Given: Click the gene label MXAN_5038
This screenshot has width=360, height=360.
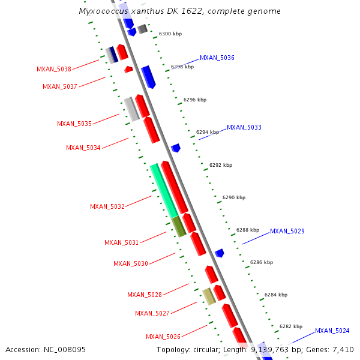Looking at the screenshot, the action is click(x=54, y=69).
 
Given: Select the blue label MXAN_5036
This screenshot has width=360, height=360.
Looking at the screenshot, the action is click(x=217, y=58).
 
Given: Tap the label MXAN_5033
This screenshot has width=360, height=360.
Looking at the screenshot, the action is click(x=244, y=127).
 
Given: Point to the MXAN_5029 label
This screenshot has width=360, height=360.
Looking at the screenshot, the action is click(x=287, y=231).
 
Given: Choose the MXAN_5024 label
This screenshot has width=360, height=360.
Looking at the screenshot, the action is click(x=332, y=331).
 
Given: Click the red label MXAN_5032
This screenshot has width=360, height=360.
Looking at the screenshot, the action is click(x=107, y=206).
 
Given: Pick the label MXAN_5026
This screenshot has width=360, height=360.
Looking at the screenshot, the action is click(x=163, y=337).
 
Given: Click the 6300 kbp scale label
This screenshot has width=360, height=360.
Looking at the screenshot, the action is click(x=170, y=34).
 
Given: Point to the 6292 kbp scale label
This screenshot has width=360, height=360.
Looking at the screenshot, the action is click(x=220, y=165).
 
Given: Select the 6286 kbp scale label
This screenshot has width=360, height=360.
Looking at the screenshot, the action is click(x=261, y=262).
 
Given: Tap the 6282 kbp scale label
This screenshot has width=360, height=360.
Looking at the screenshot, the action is click(x=290, y=327).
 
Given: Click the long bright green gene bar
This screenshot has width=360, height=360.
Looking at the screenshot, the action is click(x=164, y=190).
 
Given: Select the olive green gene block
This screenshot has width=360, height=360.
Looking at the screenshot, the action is click(x=179, y=226).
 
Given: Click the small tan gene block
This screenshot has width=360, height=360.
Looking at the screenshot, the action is click(x=208, y=296).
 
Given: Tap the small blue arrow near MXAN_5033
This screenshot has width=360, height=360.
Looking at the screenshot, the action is click(x=176, y=148).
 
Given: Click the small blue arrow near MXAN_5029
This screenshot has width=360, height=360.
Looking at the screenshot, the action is click(x=220, y=253).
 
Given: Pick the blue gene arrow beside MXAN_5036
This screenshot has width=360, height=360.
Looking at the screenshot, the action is click(x=148, y=76).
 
